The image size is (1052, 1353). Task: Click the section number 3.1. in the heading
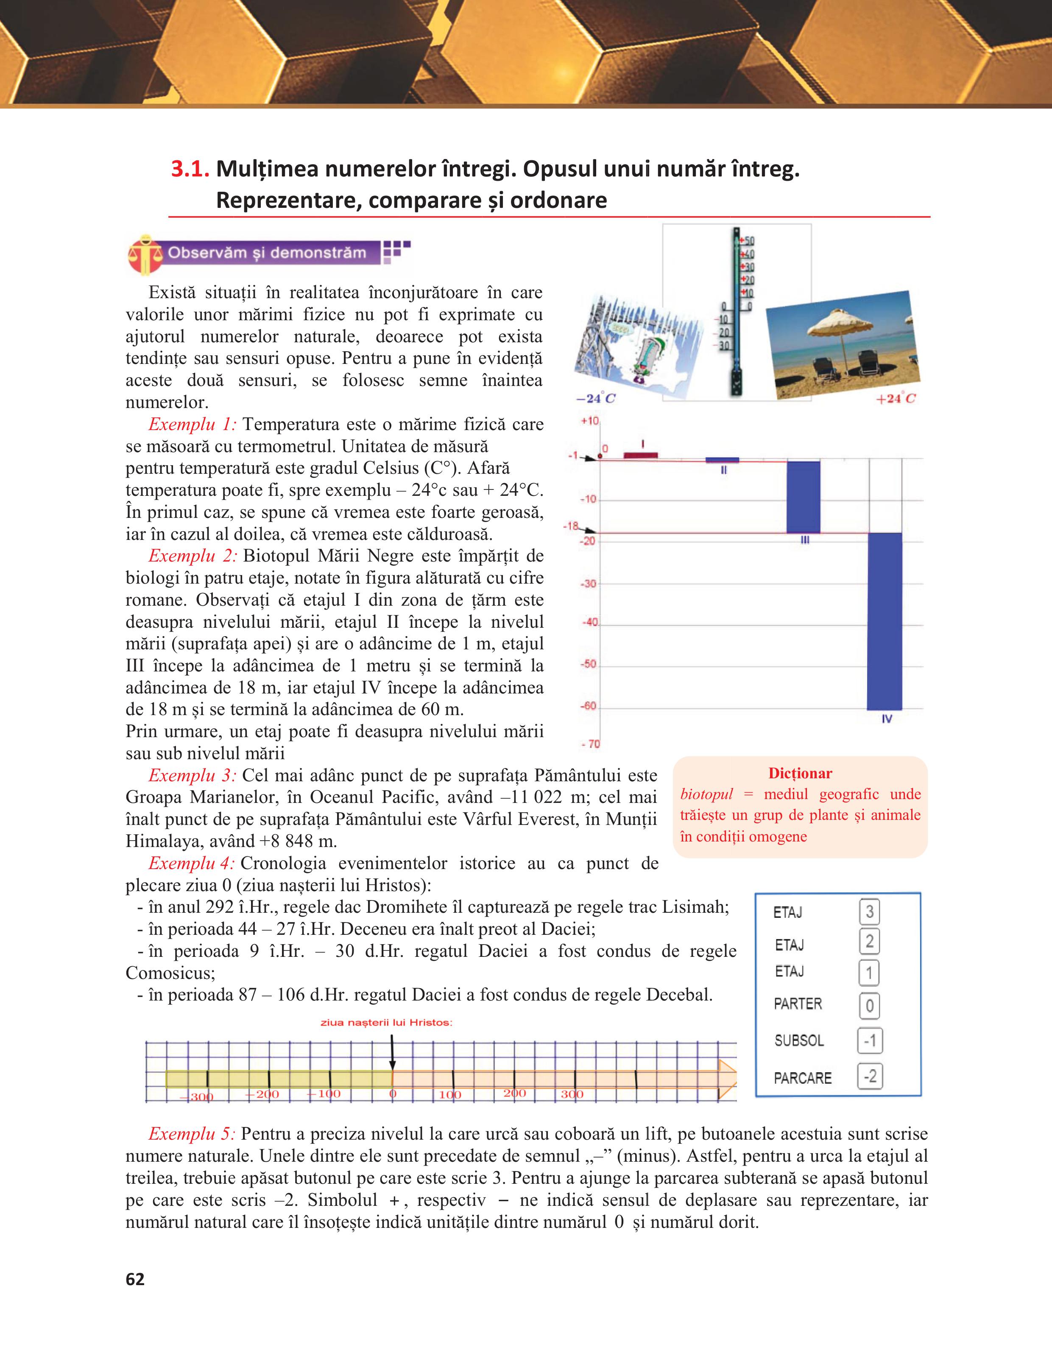point(190,169)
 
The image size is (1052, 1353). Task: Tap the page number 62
point(135,1279)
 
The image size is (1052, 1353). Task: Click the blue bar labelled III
point(803,497)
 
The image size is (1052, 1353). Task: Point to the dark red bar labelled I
point(640,456)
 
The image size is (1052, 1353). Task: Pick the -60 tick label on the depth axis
point(588,706)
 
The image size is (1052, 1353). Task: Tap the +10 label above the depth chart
point(589,421)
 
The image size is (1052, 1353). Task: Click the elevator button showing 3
point(869,912)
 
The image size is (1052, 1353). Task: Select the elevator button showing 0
point(869,1006)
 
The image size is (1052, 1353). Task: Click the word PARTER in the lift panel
point(798,1004)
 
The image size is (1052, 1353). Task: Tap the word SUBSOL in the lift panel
point(799,1041)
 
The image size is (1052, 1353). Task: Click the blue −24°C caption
point(596,398)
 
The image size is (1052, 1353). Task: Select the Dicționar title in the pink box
point(800,773)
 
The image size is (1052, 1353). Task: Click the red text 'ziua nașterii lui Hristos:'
point(386,1023)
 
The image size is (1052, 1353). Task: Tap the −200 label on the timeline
point(262,1094)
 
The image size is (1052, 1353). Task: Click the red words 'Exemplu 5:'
point(191,1134)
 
